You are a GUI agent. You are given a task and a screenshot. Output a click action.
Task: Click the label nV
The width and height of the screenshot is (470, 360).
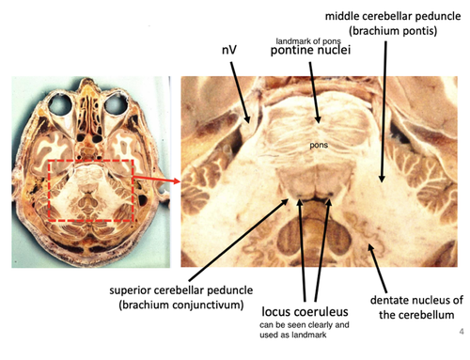pos(229,50)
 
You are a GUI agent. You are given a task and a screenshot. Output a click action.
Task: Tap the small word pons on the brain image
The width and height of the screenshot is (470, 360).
pos(319,146)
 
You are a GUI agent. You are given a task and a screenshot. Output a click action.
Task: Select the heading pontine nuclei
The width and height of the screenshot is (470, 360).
pos(310,50)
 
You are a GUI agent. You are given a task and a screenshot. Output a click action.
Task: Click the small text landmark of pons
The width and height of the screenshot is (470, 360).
pos(308,41)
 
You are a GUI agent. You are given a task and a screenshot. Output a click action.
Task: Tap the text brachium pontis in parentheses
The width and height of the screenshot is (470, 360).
pos(393,31)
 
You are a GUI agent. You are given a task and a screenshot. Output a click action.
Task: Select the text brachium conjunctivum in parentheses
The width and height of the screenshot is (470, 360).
pos(181,305)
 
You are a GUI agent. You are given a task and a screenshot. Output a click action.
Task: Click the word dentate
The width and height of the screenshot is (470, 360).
pos(388,300)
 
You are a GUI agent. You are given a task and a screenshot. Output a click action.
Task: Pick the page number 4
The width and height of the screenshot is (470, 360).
pos(462,331)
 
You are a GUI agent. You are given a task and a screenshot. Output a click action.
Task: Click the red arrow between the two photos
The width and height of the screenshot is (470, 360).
pos(157,180)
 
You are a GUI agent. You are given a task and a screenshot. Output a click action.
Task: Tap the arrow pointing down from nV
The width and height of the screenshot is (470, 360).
pos(241,92)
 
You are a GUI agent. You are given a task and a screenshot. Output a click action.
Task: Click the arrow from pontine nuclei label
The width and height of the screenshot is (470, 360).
pos(315,92)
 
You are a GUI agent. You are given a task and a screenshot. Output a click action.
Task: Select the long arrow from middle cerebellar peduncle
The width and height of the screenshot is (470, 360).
pos(384,112)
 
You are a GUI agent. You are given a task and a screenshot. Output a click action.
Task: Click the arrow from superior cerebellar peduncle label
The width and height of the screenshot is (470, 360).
pos(239,240)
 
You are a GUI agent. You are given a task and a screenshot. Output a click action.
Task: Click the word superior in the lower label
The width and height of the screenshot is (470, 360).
pos(131,290)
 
